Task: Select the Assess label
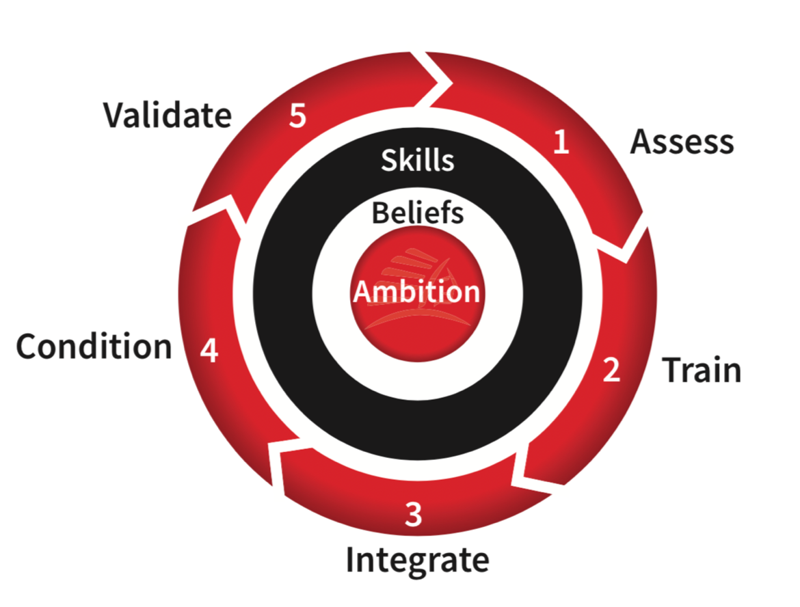coord(682,141)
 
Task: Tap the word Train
coord(702,370)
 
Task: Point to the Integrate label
coord(417,561)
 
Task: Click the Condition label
coord(94,347)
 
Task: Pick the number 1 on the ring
coord(561,141)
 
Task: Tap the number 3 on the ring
coord(413,515)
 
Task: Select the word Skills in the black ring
coord(417,160)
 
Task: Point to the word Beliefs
coord(417,213)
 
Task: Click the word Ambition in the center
coord(416,292)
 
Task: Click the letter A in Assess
coord(641,141)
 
